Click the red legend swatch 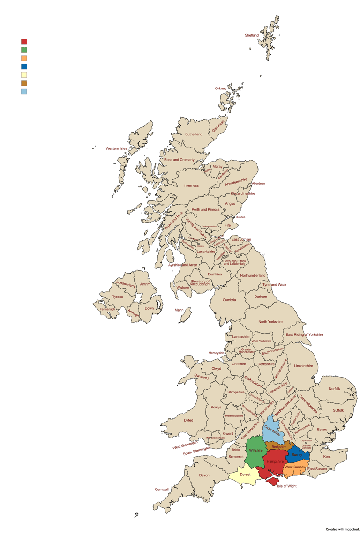click(x=24, y=42)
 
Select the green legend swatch click(x=24, y=50)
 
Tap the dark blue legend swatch click(x=24, y=67)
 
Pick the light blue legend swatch click(x=24, y=91)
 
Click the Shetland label click(x=252, y=35)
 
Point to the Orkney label click(x=221, y=88)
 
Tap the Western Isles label click(x=116, y=148)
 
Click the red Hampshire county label click(x=275, y=461)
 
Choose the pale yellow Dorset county click(x=245, y=475)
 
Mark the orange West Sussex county click(x=295, y=467)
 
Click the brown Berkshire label click(x=279, y=447)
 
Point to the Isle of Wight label click(x=286, y=486)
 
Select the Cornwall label click(x=162, y=489)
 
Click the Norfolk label click(x=335, y=389)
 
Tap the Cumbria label click(x=229, y=300)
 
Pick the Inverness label click(x=191, y=185)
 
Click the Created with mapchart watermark click(x=343, y=529)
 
